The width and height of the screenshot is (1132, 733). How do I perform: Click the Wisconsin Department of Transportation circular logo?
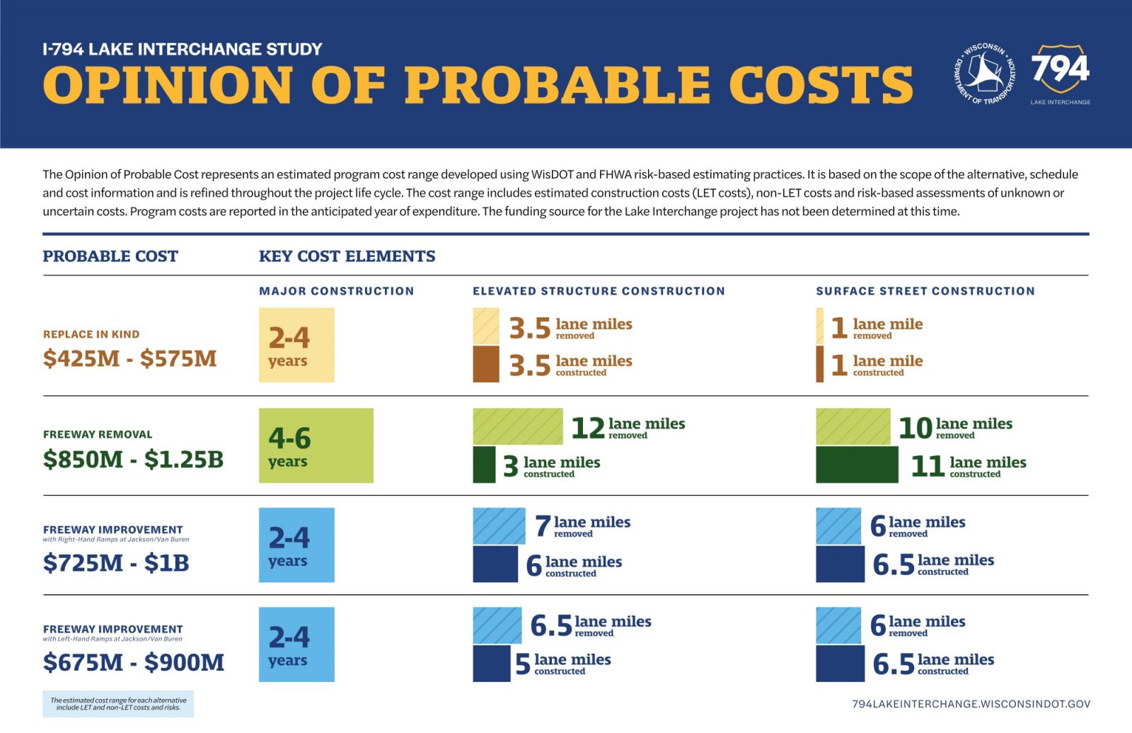985,74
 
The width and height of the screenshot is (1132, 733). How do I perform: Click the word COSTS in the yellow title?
821,84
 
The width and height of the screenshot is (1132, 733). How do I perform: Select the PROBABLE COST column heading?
110,256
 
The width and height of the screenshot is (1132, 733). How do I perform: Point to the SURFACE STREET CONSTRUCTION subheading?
925,291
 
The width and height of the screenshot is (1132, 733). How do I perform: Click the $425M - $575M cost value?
130,358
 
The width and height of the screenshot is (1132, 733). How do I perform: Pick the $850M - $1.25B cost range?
134,459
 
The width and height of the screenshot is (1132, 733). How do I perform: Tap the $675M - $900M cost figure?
134,662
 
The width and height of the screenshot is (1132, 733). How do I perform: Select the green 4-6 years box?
316,445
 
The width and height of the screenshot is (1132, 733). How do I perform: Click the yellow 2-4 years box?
296,345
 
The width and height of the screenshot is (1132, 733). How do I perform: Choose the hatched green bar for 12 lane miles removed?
517,426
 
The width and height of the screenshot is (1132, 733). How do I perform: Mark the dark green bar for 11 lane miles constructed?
857,465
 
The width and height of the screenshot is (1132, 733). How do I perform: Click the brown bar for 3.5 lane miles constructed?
485,364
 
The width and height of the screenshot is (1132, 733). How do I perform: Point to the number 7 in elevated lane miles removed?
543,525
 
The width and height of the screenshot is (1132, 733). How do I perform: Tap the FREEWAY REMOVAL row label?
98,434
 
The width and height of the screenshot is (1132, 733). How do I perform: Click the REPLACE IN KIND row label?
91,334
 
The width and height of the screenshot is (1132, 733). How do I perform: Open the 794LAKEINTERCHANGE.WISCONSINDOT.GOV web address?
971,704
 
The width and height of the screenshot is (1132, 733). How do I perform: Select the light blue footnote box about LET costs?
118,704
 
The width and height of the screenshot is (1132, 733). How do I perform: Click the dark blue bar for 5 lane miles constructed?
491,663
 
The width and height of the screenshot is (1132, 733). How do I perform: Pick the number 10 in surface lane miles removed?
916,428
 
